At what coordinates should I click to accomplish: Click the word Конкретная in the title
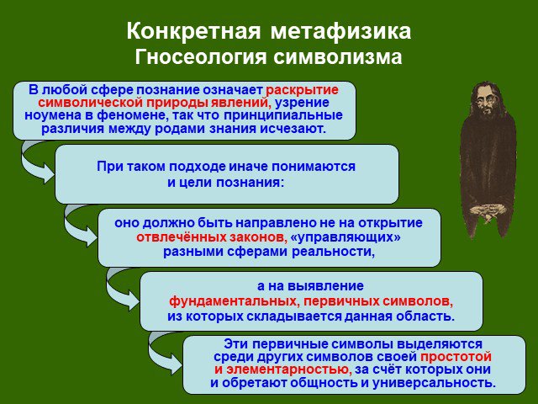194,32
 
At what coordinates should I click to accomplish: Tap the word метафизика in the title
340,32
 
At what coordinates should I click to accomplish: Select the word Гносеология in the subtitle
200,57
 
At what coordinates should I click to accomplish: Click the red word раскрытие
302,90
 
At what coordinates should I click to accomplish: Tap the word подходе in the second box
197,167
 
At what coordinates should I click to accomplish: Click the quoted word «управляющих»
345,237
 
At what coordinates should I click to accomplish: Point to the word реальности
333,252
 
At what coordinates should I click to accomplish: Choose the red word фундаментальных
234,301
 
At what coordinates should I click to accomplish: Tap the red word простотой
456,357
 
